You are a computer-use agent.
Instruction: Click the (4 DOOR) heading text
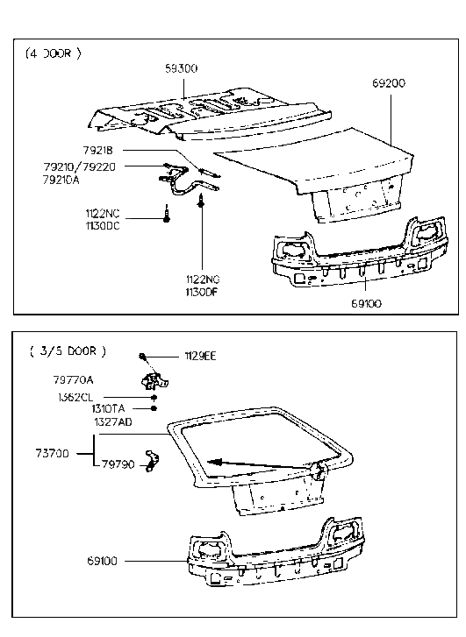click(x=54, y=53)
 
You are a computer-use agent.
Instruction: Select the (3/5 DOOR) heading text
click(x=68, y=351)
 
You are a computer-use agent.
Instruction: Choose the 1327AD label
click(x=113, y=421)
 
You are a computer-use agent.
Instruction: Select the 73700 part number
click(x=54, y=453)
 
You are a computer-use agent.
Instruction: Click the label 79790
click(x=118, y=464)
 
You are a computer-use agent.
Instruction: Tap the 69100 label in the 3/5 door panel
click(x=104, y=560)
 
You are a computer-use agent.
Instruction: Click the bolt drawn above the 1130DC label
click(x=166, y=210)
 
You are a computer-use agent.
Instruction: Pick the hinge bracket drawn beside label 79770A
click(x=154, y=380)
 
